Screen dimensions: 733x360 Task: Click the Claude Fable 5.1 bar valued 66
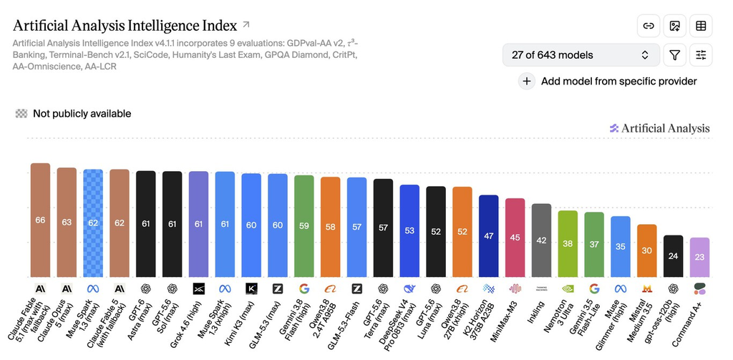pos(40,220)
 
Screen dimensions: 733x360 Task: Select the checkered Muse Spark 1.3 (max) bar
pos(93,223)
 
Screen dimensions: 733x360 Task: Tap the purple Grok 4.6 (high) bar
pos(199,225)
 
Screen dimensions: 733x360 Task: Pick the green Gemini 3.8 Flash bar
pos(304,226)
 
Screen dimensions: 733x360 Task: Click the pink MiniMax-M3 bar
pos(515,238)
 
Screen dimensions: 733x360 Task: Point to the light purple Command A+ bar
pos(700,257)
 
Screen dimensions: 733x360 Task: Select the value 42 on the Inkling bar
pos(541,240)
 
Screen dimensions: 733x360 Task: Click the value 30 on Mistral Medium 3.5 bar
pos(647,250)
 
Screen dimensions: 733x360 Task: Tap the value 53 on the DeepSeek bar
pos(409,230)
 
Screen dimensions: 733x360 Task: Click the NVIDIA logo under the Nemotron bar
pos(568,289)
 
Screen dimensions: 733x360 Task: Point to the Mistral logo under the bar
pos(647,289)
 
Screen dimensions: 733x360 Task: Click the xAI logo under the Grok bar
pos(199,289)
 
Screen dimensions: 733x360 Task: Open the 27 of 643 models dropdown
pos(581,55)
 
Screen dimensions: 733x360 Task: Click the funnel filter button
pos(674,55)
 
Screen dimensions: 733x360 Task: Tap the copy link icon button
pos(649,26)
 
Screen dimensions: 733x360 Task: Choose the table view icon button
pos(701,26)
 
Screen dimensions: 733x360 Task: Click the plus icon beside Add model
pos(527,82)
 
